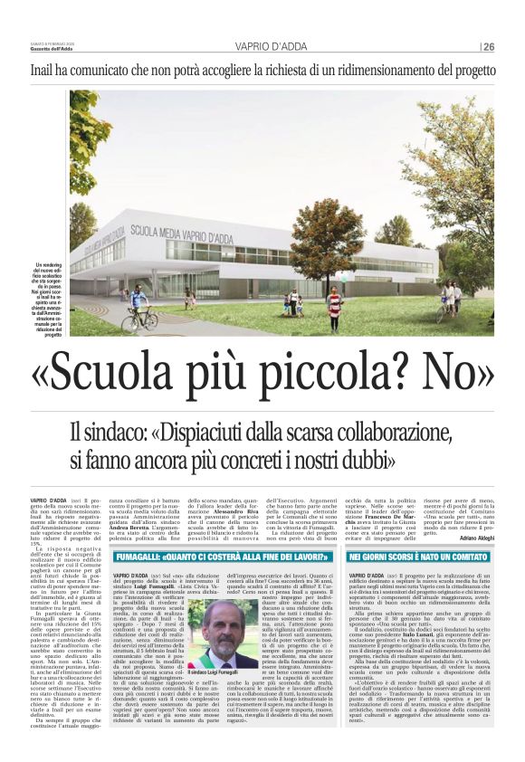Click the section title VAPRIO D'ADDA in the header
tap(262, 47)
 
